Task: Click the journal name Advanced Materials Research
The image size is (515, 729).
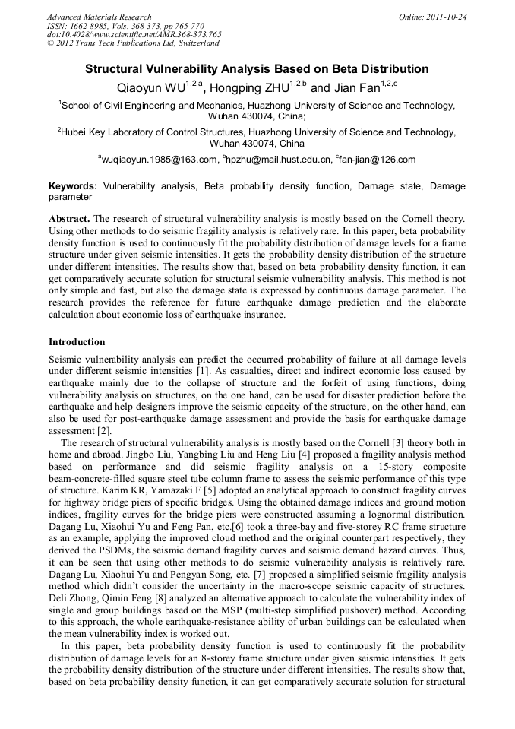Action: (100, 17)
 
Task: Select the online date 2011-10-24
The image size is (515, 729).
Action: (446, 17)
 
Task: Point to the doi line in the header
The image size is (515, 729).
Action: (134, 34)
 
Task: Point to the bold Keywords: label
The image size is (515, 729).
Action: (73, 185)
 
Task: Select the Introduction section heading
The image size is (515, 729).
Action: (77, 342)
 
